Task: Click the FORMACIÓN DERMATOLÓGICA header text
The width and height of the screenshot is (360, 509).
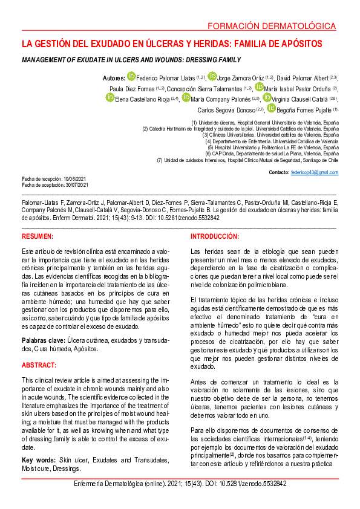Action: point(270,27)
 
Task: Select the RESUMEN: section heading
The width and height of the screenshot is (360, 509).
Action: point(38,236)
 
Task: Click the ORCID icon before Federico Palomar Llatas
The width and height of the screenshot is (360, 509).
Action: point(131,76)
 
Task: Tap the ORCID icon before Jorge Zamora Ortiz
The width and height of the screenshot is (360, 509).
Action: point(212,76)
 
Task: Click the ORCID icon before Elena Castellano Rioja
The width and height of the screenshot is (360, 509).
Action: point(110,97)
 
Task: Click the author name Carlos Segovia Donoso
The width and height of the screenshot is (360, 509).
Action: point(231,110)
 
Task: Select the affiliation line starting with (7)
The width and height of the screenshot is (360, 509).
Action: point(247,160)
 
